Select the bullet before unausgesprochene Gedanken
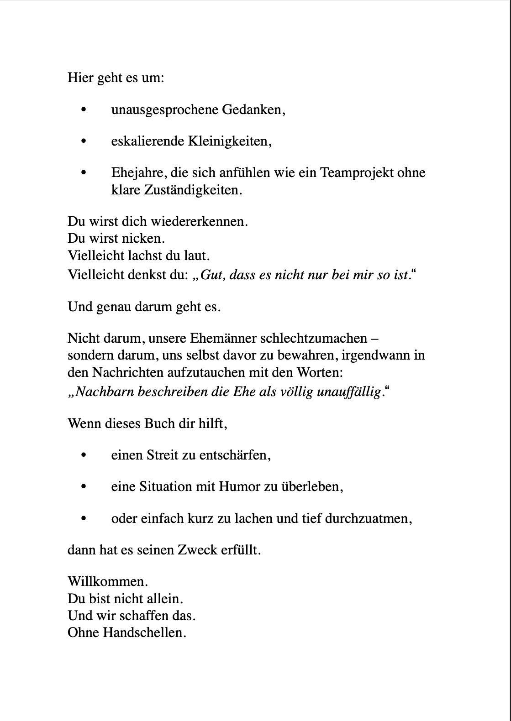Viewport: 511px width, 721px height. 83,110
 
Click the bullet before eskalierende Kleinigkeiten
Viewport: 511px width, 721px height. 83,141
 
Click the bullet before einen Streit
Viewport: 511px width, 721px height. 83,455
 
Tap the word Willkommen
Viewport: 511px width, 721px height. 107,582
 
